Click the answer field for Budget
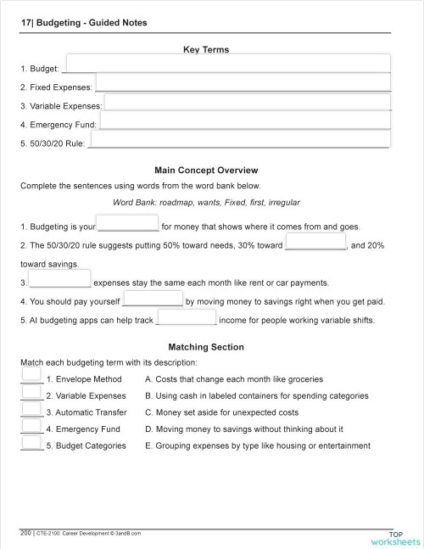(x=226, y=64)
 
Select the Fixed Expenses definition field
(x=243, y=83)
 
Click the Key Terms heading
(x=206, y=50)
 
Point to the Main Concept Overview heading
(x=206, y=171)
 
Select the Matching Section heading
(x=206, y=347)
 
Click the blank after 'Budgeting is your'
(x=128, y=223)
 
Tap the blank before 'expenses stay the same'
(x=59, y=279)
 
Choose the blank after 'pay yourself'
(x=153, y=299)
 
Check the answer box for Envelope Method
(x=31, y=375)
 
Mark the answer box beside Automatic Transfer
(x=31, y=409)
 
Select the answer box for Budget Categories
(x=31, y=442)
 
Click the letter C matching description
(x=149, y=412)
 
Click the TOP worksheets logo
(x=394, y=537)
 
